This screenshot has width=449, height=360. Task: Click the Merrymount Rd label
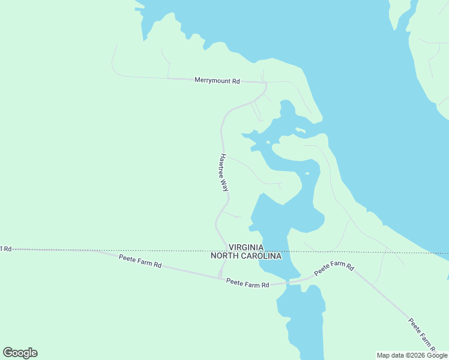pyautogui.click(x=217, y=80)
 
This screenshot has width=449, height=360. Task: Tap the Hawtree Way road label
pyautogui.click(x=223, y=172)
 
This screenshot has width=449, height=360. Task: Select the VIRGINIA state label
pyautogui.click(x=246, y=247)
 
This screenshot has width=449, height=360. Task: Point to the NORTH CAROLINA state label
pyautogui.click(x=246, y=256)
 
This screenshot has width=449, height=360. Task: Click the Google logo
pyautogui.click(x=20, y=353)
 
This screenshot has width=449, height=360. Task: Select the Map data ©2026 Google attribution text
pyautogui.click(x=412, y=355)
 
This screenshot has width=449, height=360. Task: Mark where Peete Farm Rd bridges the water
pyautogui.click(x=288, y=281)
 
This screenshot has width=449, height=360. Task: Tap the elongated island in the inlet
pyautogui.click(x=300, y=130)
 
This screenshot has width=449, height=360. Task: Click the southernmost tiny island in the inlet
pyautogui.click(x=307, y=174)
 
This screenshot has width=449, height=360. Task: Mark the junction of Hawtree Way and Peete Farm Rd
pyautogui.click(x=220, y=277)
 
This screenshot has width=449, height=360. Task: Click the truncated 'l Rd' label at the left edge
pyautogui.click(x=6, y=248)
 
